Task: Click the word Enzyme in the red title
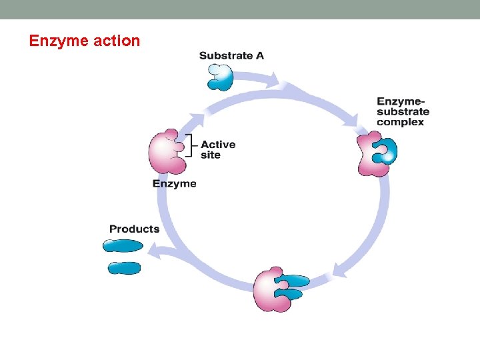coord(59,41)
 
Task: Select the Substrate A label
coord(231,55)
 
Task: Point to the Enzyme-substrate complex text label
coord(403,111)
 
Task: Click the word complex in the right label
coord(400,122)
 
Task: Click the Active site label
coord(217,149)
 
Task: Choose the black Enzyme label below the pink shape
coord(174,183)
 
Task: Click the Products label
coord(134,229)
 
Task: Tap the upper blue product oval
coord(123,246)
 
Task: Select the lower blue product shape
coord(124,268)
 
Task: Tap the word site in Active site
coord(210,155)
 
